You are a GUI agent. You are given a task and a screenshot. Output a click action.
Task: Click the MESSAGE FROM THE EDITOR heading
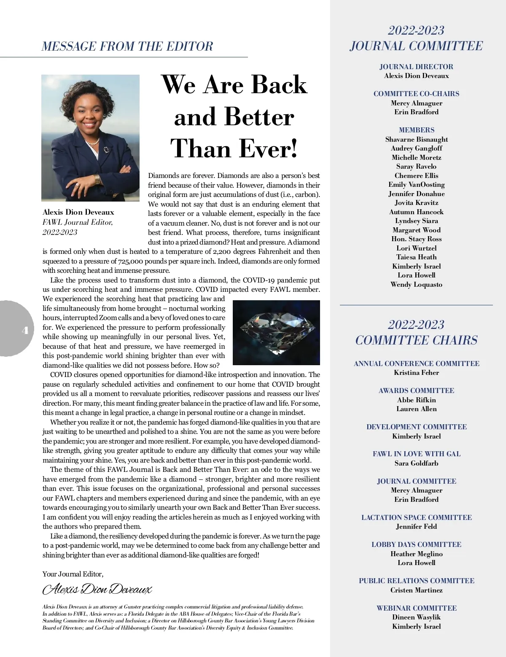(x=127, y=46)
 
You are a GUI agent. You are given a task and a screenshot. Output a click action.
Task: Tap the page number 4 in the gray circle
(x=25, y=330)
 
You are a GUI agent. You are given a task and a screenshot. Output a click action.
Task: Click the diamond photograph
(x=276, y=332)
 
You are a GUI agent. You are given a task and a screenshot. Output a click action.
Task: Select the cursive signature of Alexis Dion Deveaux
(x=97, y=589)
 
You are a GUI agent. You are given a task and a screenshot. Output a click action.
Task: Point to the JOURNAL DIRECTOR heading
(x=416, y=67)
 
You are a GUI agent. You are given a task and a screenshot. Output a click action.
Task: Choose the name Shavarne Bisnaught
(x=416, y=139)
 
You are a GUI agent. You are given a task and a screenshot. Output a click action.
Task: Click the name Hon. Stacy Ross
(x=416, y=239)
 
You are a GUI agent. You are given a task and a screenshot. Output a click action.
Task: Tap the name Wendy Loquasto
(x=416, y=284)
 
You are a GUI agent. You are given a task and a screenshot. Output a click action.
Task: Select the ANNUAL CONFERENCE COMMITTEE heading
(x=416, y=364)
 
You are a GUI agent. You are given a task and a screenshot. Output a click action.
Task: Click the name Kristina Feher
(x=416, y=373)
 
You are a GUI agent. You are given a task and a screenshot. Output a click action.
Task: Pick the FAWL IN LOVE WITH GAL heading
(x=416, y=454)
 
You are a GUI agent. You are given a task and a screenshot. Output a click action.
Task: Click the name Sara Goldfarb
(x=416, y=463)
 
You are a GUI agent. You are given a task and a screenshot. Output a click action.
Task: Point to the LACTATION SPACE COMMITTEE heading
(x=416, y=517)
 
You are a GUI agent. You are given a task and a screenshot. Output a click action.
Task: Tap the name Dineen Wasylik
(x=416, y=617)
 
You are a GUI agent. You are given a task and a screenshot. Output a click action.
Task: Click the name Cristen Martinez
(x=416, y=590)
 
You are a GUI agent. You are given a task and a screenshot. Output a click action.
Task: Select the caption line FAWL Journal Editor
(x=78, y=222)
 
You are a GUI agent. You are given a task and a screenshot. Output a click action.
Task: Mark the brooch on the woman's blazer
(x=106, y=149)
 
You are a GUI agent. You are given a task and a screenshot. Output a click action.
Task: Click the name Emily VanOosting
(x=416, y=184)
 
